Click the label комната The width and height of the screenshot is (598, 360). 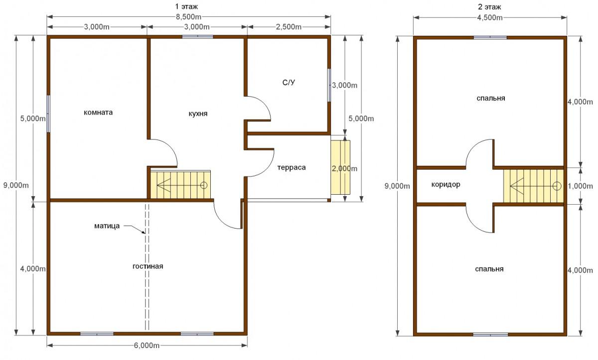(x=98, y=112)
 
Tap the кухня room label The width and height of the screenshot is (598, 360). (x=198, y=114)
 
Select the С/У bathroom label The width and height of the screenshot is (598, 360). (x=289, y=83)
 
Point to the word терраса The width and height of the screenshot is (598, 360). (x=291, y=167)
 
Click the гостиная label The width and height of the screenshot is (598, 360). (x=148, y=266)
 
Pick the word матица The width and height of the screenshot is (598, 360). (x=107, y=226)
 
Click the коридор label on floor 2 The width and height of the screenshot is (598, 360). (x=446, y=185)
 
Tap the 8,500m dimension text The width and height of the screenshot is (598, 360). (x=188, y=17)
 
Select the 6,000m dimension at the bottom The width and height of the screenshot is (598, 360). (x=147, y=346)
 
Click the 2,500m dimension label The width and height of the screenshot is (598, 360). (x=289, y=27)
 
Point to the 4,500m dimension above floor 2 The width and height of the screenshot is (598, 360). (x=489, y=17)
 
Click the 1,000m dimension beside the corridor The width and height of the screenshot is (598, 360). (x=580, y=186)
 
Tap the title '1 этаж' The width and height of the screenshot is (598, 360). (x=186, y=6)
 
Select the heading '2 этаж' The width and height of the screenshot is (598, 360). (x=489, y=7)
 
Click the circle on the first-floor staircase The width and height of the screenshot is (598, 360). (x=204, y=185)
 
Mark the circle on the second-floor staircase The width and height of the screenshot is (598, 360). (x=557, y=186)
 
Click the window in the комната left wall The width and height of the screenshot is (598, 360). (x=48, y=114)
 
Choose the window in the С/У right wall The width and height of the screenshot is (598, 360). (x=329, y=85)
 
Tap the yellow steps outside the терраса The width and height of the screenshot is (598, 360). (x=340, y=167)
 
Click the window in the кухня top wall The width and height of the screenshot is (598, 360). (x=197, y=37)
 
